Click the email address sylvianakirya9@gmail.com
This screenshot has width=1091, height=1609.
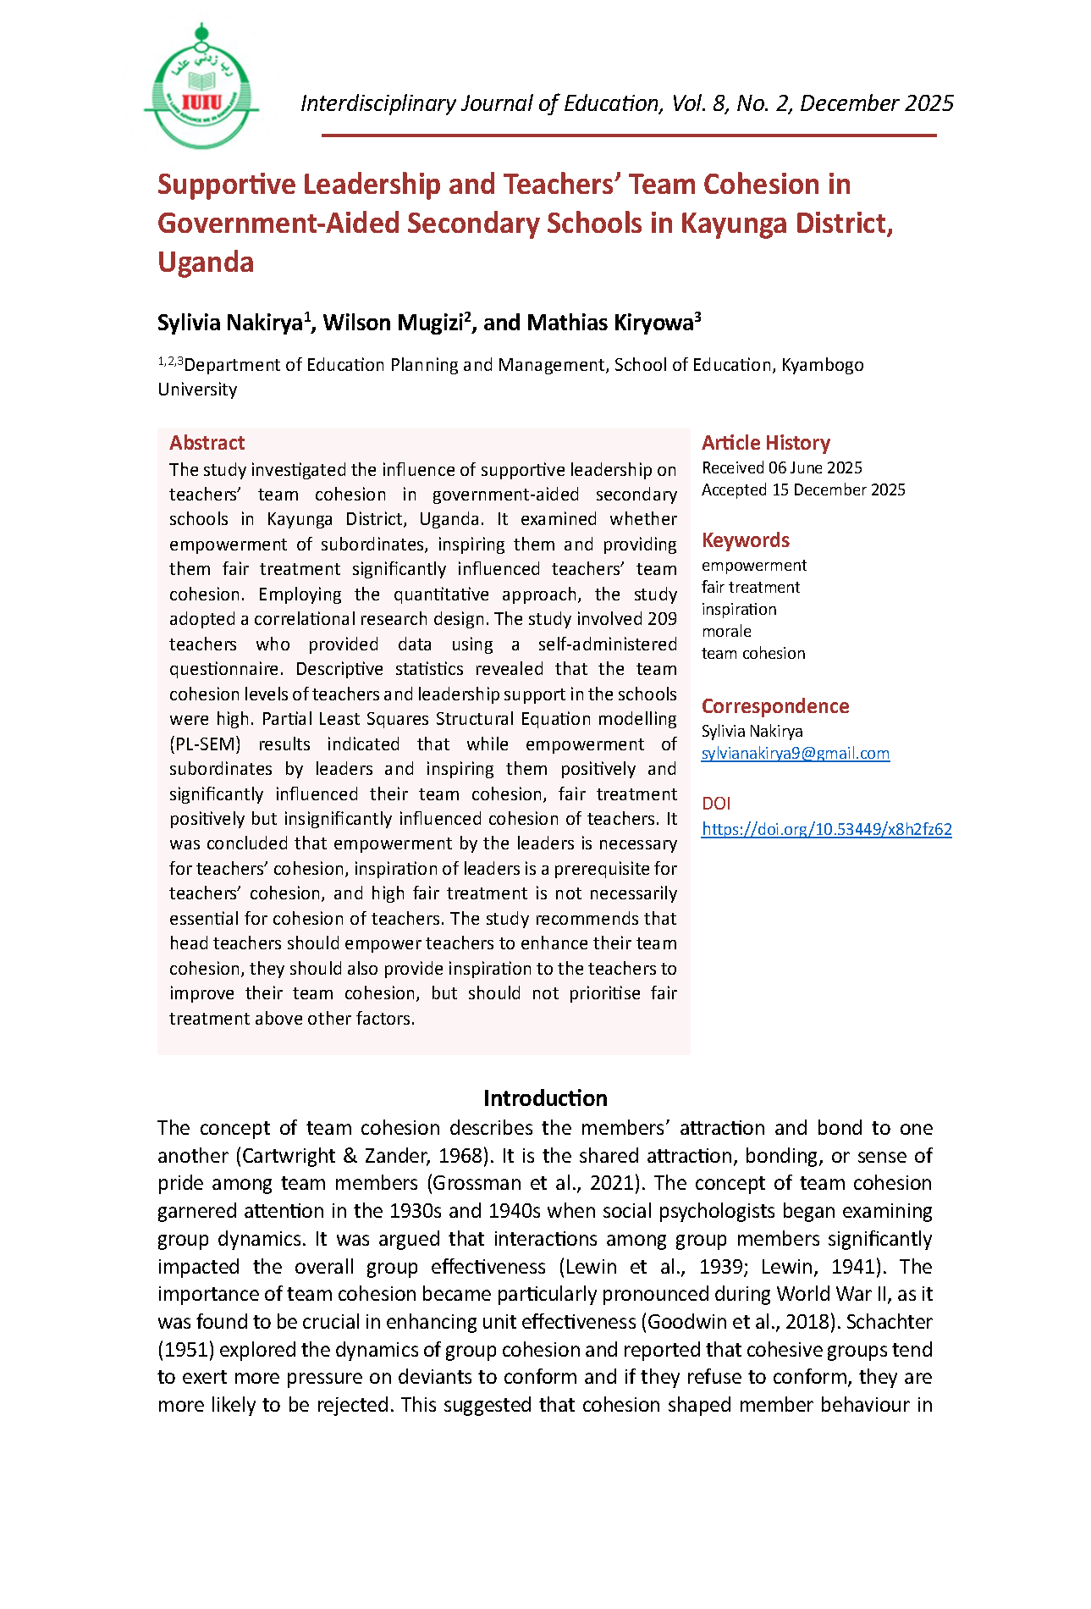click(x=795, y=753)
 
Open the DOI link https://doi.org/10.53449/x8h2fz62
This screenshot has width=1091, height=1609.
click(x=826, y=829)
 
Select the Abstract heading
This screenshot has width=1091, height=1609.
click(x=207, y=443)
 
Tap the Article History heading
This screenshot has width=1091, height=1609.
click(x=765, y=443)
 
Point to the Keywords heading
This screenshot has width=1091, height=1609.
click(x=745, y=540)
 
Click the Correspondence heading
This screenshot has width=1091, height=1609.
click(x=774, y=706)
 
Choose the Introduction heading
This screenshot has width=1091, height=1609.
click(x=545, y=1098)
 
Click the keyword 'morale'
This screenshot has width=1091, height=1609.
click(x=726, y=631)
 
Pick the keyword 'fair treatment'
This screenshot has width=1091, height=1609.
click(x=750, y=587)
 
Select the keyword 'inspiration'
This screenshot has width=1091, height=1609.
click(x=739, y=609)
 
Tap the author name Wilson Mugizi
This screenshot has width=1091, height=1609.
click(x=394, y=323)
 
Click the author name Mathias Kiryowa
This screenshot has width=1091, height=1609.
click(x=610, y=323)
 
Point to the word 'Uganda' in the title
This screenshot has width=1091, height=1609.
click(x=206, y=263)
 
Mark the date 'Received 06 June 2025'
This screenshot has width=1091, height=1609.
click(x=781, y=467)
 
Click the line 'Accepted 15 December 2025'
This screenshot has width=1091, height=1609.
click(x=803, y=489)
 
